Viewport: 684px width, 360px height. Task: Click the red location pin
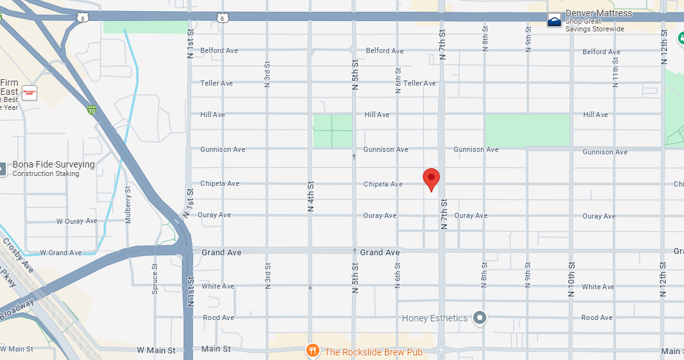pyautogui.click(x=431, y=178)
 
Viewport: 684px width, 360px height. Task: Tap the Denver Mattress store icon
pyautogui.click(x=554, y=20)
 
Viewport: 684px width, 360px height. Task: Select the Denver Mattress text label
pyautogui.click(x=599, y=14)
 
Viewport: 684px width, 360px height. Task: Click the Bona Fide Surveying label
pyautogui.click(x=54, y=165)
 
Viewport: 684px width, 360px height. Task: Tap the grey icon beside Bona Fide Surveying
pyautogui.click(x=2, y=169)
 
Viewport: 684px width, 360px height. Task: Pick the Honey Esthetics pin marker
pyautogui.click(x=480, y=318)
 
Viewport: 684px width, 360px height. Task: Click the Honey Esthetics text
pyautogui.click(x=435, y=319)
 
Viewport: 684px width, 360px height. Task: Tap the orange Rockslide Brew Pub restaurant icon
pyautogui.click(x=314, y=351)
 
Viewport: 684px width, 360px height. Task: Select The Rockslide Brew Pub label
pyautogui.click(x=373, y=352)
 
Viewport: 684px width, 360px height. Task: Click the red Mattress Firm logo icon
pyautogui.click(x=29, y=92)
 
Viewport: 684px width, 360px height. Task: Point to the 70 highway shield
pyautogui.click(x=92, y=111)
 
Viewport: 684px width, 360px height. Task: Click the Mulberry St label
pyautogui.click(x=128, y=204)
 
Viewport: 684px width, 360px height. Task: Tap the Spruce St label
pyautogui.click(x=155, y=278)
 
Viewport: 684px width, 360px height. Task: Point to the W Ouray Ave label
pyautogui.click(x=77, y=221)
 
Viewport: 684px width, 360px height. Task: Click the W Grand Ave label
pyautogui.click(x=61, y=253)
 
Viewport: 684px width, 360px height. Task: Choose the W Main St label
pyautogui.click(x=156, y=350)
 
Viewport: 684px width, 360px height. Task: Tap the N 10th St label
pyautogui.click(x=571, y=278)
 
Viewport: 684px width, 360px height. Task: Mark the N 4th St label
pyautogui.click(x=311, y=196)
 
